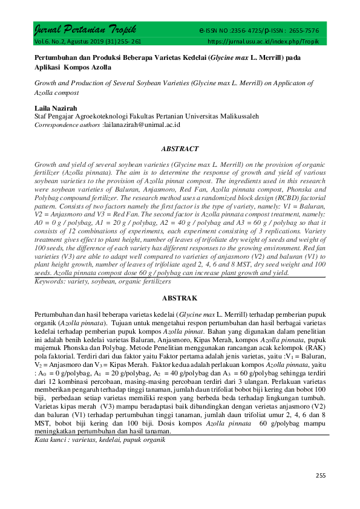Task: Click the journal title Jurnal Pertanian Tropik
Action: click(x=84, y=30)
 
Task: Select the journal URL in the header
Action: click(x=263, y=41)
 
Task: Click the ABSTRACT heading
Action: click(x=180, y=148)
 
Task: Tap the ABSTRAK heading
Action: click(x=180, y=298)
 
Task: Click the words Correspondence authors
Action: click(x=67, y=124)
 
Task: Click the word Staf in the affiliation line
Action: click(x=41, y=115)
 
